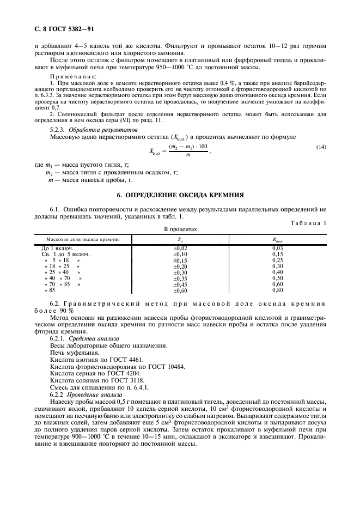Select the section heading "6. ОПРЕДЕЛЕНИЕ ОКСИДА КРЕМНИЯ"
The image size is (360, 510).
point(180,195)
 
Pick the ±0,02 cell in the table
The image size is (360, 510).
point(180,248)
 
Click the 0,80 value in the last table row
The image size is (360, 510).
point(278,290)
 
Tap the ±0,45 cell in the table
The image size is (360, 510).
point(180,284)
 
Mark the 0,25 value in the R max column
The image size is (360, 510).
point(278,260)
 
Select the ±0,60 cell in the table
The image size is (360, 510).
point(180,290)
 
